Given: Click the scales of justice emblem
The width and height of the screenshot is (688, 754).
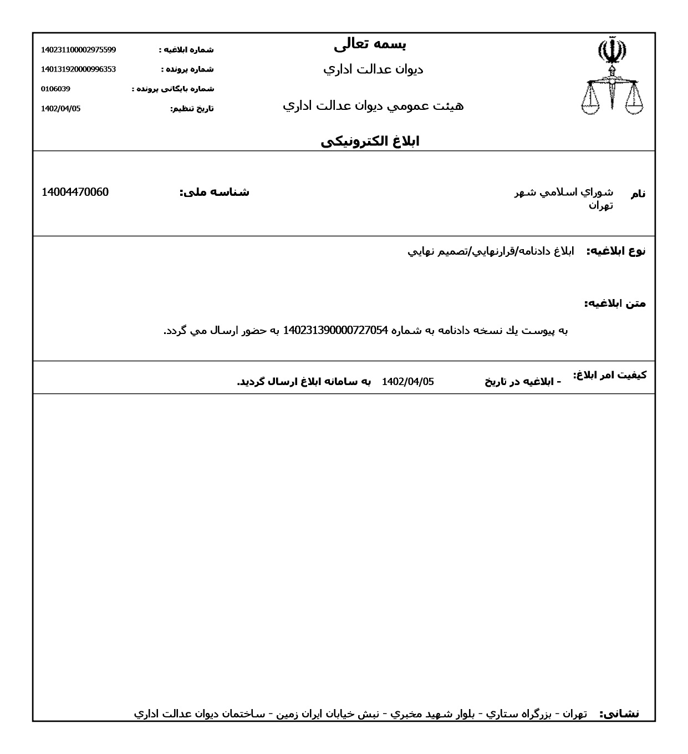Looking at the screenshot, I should (x=612, y=76).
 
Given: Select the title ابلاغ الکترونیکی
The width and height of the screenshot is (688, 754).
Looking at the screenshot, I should (x=370, y=141).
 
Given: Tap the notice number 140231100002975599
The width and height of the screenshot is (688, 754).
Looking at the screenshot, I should (x=78, y=50).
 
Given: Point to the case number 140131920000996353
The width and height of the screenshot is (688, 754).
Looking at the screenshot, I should (x=78, y=69).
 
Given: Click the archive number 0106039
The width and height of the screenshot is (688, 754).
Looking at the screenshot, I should (x=55, y=89).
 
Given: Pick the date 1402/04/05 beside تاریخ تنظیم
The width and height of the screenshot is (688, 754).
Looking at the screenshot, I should (x=60, y=109).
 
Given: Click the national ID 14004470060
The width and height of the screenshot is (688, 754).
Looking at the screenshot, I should (x=75, y=193).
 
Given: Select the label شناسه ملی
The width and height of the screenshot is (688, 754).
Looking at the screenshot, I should (x=214, y=193).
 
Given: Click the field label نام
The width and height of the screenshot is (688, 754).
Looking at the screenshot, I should (x=638, y=194).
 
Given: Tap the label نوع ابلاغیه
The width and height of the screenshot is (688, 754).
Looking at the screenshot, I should (x=616, y=251).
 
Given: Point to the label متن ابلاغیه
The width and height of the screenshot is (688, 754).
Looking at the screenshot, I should (x=615, y=304).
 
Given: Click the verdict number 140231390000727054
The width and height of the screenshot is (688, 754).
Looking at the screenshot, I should (x=335, y=331).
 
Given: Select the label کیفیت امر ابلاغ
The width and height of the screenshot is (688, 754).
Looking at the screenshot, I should (x=610, y=375).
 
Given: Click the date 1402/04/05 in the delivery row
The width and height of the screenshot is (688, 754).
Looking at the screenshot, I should (x=407, y=382).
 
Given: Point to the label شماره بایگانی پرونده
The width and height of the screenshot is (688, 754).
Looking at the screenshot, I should (x=172, y=89).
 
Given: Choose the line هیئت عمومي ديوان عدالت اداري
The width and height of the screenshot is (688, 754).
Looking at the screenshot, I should (x=373, y=106).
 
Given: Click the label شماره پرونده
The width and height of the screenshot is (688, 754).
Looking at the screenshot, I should (x=187, y=69).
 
